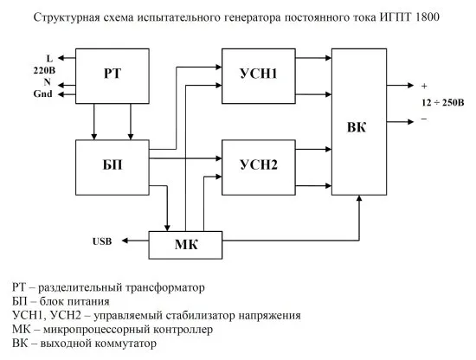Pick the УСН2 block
[x=257, y=164]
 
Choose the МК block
[x=186, y=245]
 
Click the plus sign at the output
[x=424, y=87]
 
